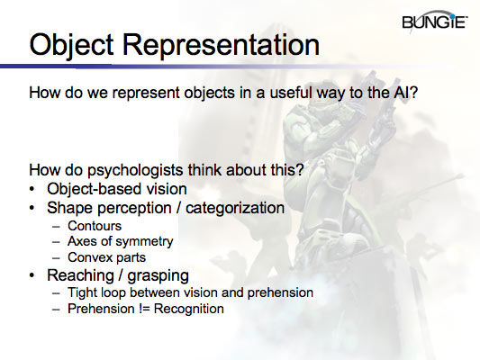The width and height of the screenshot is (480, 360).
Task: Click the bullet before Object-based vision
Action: click(33, 189)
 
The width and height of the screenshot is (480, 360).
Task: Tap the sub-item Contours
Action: click(95, 225)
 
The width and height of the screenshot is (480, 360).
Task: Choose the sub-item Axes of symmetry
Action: click(120, 241)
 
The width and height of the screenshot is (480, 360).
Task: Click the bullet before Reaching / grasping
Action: click(33, 274)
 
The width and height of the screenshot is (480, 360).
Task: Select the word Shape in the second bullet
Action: click(68, 208)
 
